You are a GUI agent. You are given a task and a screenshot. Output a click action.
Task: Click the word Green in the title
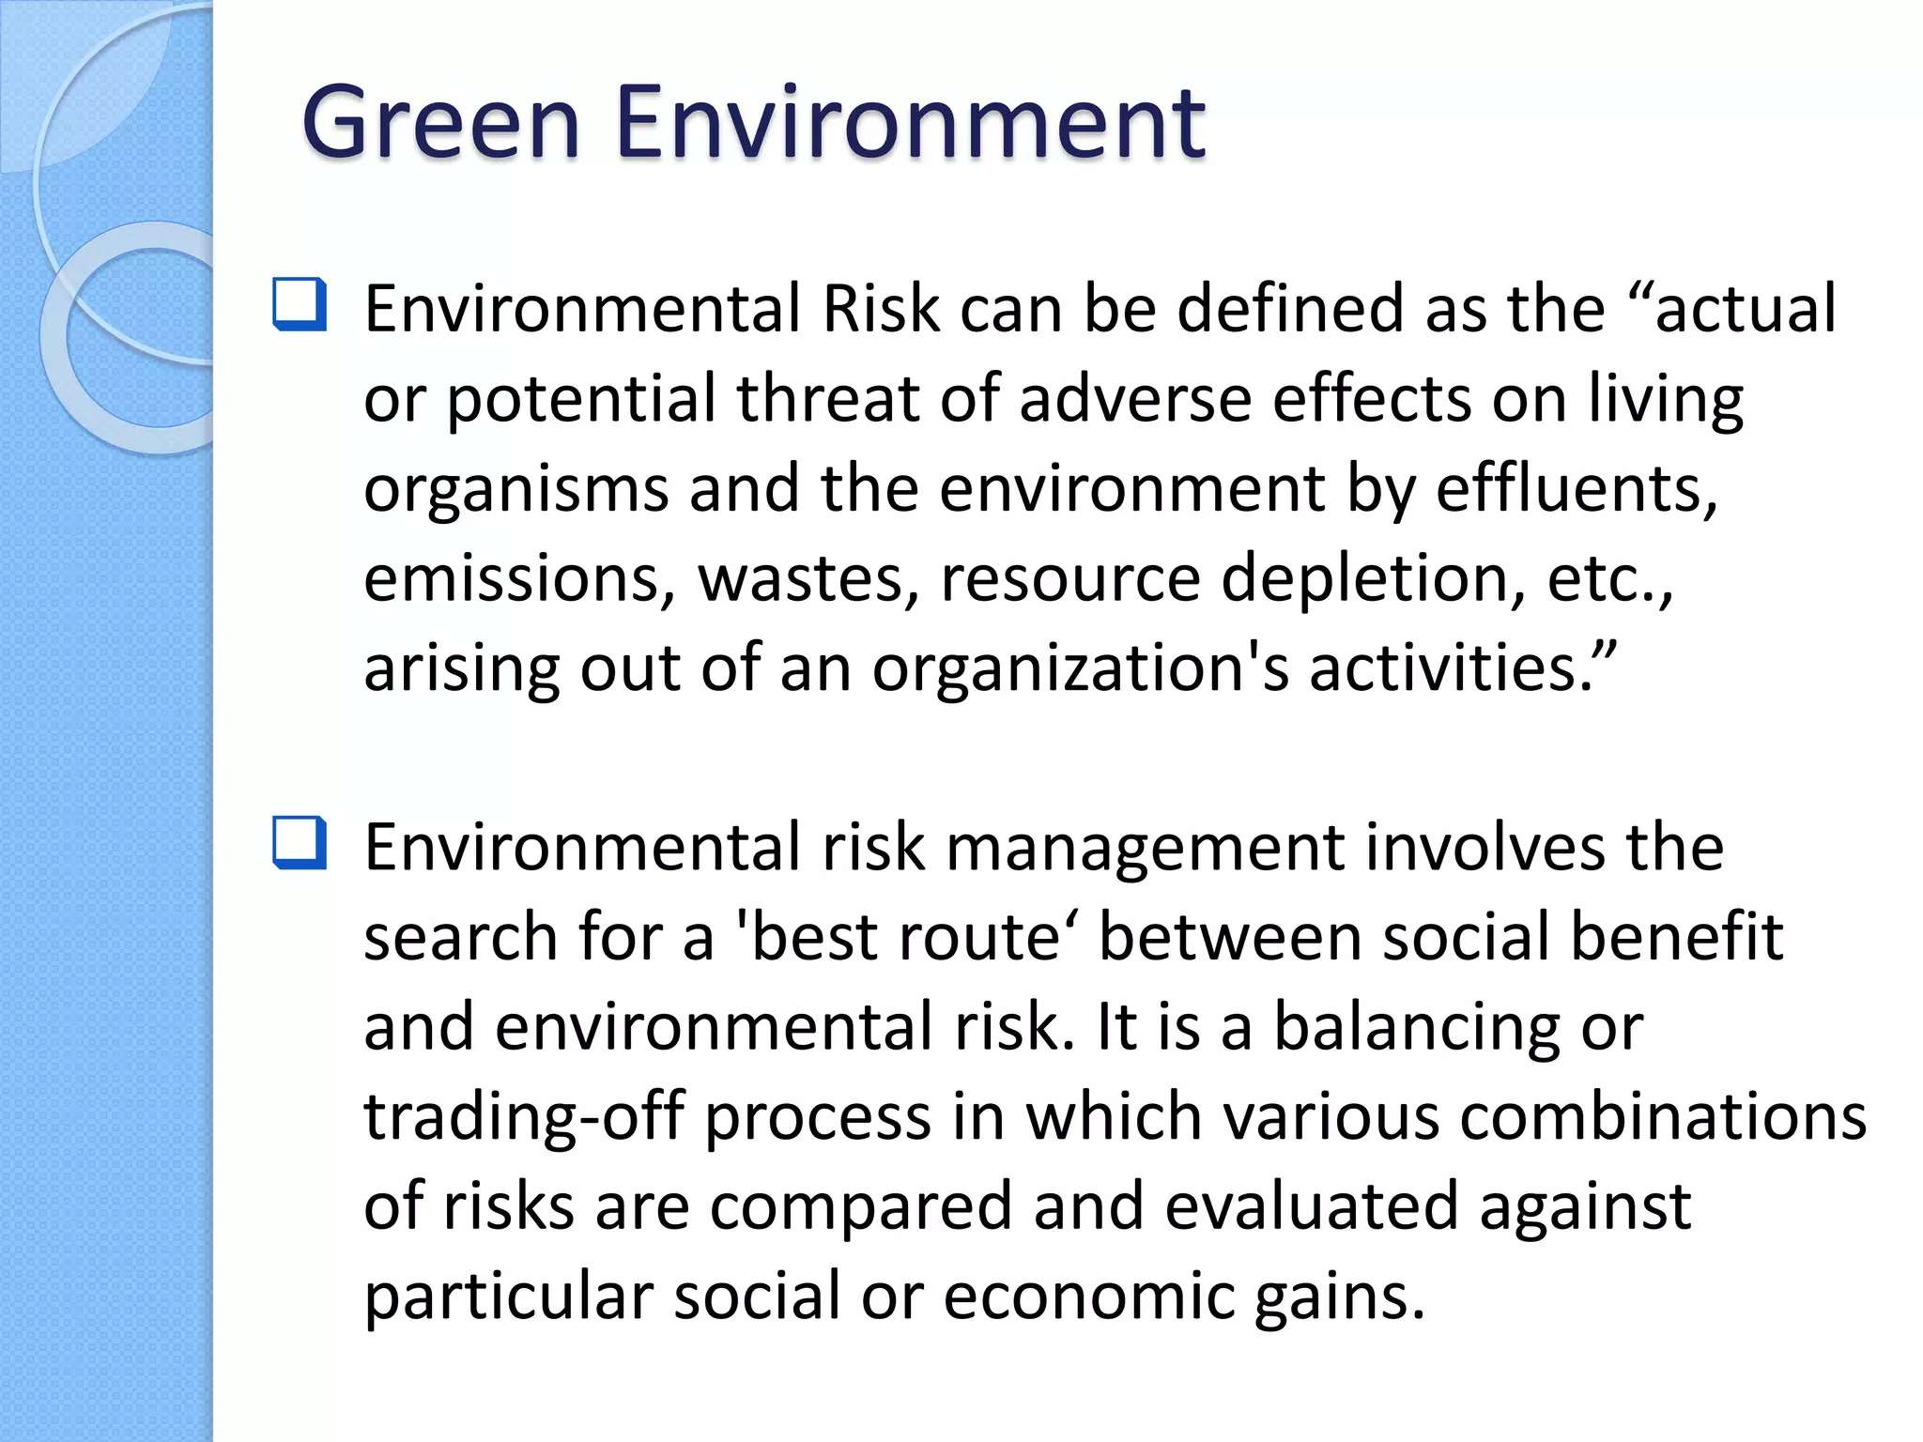(440, 123)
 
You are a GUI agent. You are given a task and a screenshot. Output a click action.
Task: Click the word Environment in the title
(910, 123)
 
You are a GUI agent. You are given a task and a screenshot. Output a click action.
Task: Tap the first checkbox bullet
(300, 304)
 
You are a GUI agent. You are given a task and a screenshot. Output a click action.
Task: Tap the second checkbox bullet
(300, 842)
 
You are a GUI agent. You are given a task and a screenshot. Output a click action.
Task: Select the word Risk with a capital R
(881, 309)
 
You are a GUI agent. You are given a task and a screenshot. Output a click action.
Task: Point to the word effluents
(1577, 489)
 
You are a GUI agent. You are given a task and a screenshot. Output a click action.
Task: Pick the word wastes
(808, 578)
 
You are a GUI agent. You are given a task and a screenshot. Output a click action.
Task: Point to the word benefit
(1676, 938)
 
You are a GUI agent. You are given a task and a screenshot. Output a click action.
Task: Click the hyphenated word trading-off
(524, 1117)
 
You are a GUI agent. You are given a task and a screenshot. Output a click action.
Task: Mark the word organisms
(515, 489)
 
